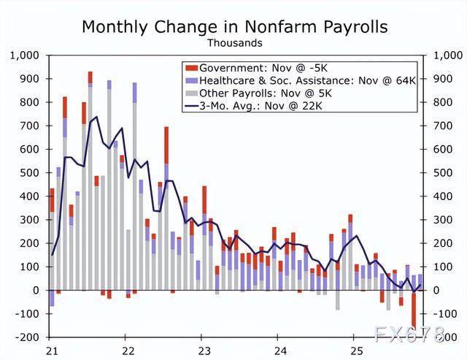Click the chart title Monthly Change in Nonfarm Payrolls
coord(234,27)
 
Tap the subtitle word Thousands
coord(234,43)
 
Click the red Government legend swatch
coord(192,66)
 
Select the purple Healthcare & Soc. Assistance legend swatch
coord(192,80)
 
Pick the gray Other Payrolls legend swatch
coord(192,93)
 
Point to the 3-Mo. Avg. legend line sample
coord(192,106)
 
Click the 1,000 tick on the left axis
coord(24,55)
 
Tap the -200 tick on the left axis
coord(28,337)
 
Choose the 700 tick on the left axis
coord(29,126)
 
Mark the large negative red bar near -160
coord(414,315)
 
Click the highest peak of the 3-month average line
coord(96,116)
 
